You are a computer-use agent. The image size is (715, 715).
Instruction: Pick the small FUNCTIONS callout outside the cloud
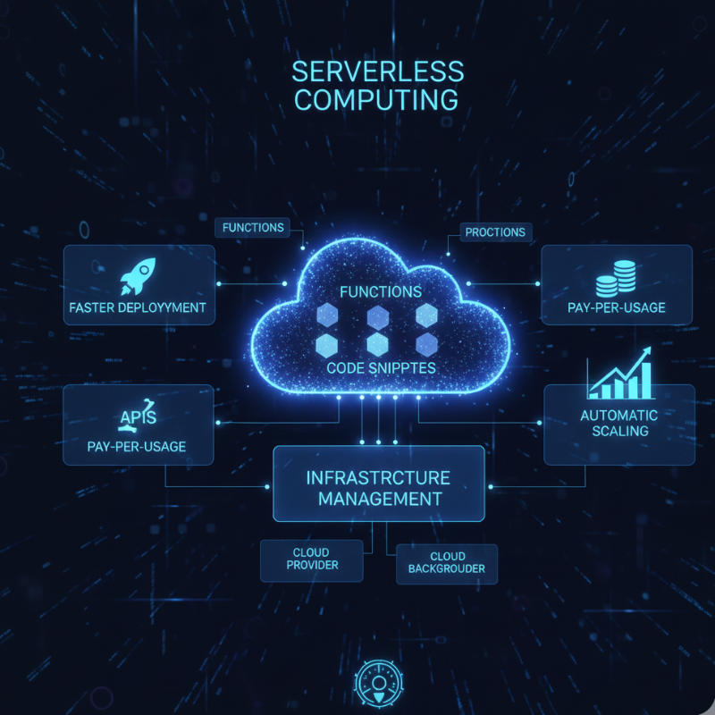253,228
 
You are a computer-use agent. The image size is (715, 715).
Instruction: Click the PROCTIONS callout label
495,232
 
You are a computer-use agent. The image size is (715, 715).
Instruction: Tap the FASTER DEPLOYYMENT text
138,308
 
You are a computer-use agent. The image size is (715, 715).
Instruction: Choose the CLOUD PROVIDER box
312,559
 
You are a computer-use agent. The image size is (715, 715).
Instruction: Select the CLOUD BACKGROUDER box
446,563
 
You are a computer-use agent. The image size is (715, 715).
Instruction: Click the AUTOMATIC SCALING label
618,423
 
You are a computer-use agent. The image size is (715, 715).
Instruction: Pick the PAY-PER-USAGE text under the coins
617,309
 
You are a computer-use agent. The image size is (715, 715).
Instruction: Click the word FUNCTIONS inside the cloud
381,291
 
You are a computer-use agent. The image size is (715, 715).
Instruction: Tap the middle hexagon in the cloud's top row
377,317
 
